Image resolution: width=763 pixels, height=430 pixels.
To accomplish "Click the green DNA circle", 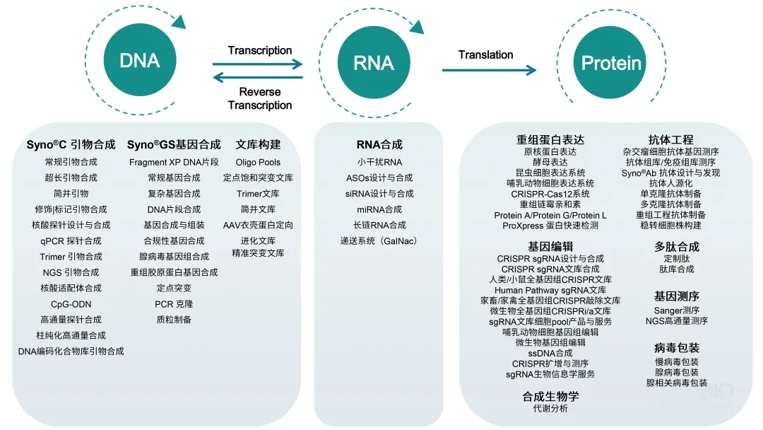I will coord(140,61).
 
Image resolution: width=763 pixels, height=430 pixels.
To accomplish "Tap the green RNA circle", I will coord(374,62).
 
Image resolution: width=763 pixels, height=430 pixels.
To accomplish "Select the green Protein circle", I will coord(610,63).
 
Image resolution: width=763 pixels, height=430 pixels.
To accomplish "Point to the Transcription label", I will coord(260,50).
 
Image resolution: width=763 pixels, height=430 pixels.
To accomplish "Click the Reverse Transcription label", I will coord(260,98).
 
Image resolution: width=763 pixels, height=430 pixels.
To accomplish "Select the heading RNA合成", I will coord(379,144).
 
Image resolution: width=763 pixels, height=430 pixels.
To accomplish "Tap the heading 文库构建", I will coord(258,144).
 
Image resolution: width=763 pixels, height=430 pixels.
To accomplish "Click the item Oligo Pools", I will coord(258,162).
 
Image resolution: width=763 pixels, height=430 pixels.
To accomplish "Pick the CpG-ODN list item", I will coord(71,304).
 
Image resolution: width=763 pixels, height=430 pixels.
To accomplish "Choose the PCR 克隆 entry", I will coord(174,304).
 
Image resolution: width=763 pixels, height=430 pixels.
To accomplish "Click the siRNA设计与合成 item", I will coord(379,194).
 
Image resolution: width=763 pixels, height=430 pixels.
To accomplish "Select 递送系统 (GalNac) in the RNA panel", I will coord(379,241).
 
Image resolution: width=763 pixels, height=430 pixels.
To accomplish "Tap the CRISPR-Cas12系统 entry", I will coord(550,194).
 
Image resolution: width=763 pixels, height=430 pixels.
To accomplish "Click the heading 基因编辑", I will coord(550,246).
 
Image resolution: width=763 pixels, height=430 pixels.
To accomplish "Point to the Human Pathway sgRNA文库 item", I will coord(550,290).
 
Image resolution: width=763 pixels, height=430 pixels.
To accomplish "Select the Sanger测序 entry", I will coord(676,310).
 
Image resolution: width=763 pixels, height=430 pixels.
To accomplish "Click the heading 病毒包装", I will coord(676,348).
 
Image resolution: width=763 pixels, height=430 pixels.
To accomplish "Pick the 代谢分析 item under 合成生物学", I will coord(550,409).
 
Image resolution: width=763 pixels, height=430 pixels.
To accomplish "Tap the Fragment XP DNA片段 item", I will coord(174,162).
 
